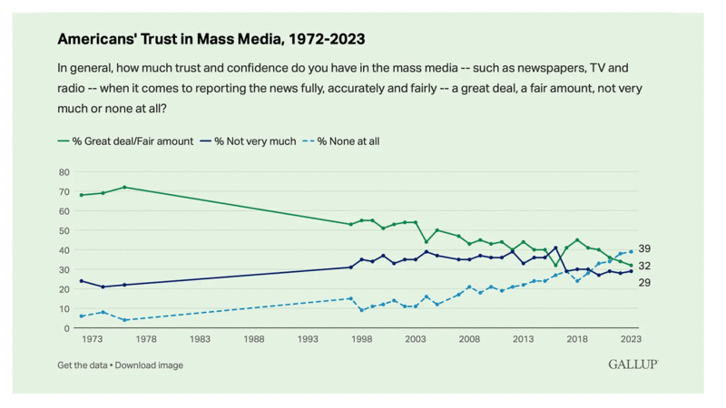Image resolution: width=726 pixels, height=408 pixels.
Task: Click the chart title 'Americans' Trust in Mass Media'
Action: pos(211,39)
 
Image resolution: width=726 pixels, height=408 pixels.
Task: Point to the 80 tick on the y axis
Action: pos(64,171)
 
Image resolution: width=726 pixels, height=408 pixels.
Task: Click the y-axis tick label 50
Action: pos(64,230)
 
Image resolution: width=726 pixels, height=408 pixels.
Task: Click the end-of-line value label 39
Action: pos(644,248)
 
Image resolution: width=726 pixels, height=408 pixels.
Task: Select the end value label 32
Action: pos(644,266)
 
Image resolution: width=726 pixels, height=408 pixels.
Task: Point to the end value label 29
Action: pos(644,283)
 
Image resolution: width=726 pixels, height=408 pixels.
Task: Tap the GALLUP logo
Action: pos(633,364)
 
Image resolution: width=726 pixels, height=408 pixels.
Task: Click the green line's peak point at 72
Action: pos(124,187)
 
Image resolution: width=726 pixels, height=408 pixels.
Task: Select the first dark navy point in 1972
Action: pos(82,281)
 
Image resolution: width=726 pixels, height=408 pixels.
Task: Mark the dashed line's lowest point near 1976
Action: pos(124,320)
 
